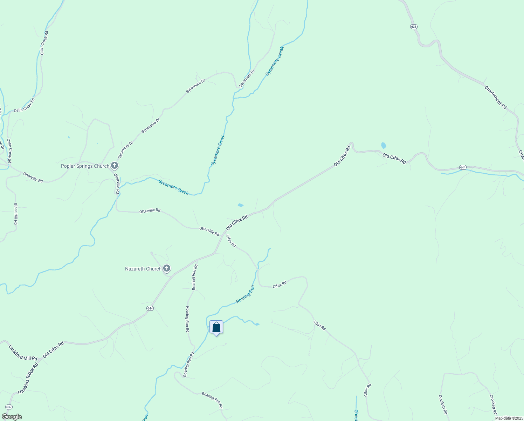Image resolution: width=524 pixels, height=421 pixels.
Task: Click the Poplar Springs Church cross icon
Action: (x=114, y=166)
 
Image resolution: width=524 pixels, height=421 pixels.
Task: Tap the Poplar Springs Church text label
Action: (x=85, y=166)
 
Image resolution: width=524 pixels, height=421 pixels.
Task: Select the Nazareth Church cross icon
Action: (x=167, y=269)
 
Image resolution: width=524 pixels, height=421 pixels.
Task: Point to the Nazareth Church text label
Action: (x=143, y=269)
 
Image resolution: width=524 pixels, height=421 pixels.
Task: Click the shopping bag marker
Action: (x=216, y=327)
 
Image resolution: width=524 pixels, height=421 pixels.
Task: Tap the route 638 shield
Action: (x=414, y=27)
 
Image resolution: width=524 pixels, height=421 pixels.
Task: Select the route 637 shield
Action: (x=9, y=407)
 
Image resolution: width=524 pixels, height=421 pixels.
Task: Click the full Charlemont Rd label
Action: (x=496, y=97)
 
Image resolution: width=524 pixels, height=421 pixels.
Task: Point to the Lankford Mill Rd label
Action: (x=23, y=353)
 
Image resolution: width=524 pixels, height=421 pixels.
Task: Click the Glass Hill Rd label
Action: (x=15, y=214)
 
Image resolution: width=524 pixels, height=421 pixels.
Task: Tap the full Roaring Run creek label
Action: (x=245, y=294)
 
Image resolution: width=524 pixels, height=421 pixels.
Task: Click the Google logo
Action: (x=12, y=417)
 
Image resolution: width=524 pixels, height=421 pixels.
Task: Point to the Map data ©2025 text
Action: (x=508, y=418)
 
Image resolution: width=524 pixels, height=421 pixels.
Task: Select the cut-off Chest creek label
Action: (x=356, y=415)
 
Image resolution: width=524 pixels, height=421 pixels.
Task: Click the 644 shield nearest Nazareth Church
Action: (x=150, y=308)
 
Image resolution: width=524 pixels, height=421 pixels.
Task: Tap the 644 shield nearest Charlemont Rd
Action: (x=463, y=167)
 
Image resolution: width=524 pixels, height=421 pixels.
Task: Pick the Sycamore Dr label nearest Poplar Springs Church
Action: (x=126, y=150)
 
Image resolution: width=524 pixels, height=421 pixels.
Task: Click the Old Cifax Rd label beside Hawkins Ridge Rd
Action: (x=53, y=350)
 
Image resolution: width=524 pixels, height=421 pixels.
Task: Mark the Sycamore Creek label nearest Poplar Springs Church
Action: (x=173, y=187)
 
